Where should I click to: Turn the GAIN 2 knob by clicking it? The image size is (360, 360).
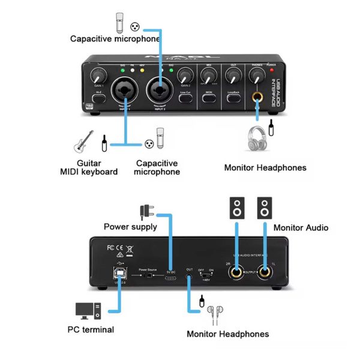click(x=185, y=76)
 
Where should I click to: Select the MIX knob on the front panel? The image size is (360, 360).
click(x=209, y=76)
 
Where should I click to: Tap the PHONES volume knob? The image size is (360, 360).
click(x=258, y=76)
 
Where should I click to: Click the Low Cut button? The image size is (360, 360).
click(x=185, y=95)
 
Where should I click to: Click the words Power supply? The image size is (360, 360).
click(x=130, y=227)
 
